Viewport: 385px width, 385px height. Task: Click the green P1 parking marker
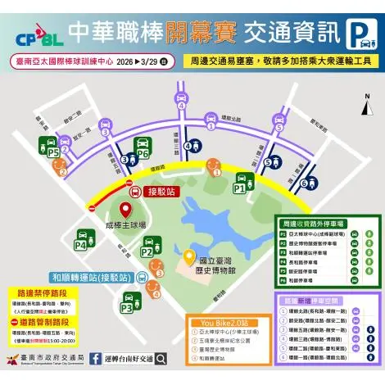click(x=241, y=185)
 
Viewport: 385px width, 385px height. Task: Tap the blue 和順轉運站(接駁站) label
click(x=91, y=278)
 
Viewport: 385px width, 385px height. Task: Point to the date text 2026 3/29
click(x=137, y=61)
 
